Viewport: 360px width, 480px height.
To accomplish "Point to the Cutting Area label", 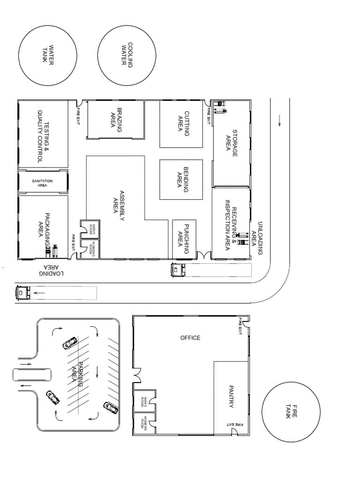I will [x=183, y=123].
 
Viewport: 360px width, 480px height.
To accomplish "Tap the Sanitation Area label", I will [x=43, y=182].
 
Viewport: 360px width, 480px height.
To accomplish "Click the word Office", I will [x=190, y=337].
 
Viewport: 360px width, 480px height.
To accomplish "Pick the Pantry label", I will [x=231, y=397].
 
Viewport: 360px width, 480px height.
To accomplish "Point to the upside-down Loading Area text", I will [x=51, y=270].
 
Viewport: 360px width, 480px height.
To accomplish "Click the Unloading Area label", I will [x=257, y=238].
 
